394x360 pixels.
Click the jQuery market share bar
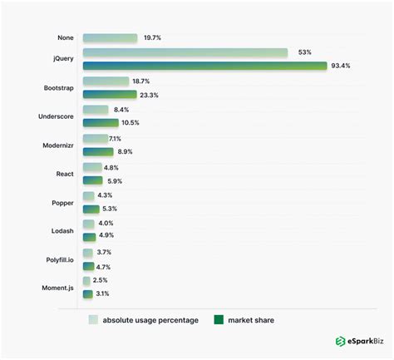(204, 66)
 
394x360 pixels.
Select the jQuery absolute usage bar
(185, 52)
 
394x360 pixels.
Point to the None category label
(64, 38)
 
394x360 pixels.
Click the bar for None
(110, 38)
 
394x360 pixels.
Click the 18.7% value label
(141, 81)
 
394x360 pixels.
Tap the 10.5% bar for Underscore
(101, 123)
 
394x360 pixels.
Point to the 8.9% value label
(125, 152)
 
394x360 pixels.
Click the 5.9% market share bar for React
(92, 180)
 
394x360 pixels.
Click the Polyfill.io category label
(59, 259)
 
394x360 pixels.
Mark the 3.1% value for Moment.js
(102, 293)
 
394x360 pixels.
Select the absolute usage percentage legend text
(151, 319)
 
